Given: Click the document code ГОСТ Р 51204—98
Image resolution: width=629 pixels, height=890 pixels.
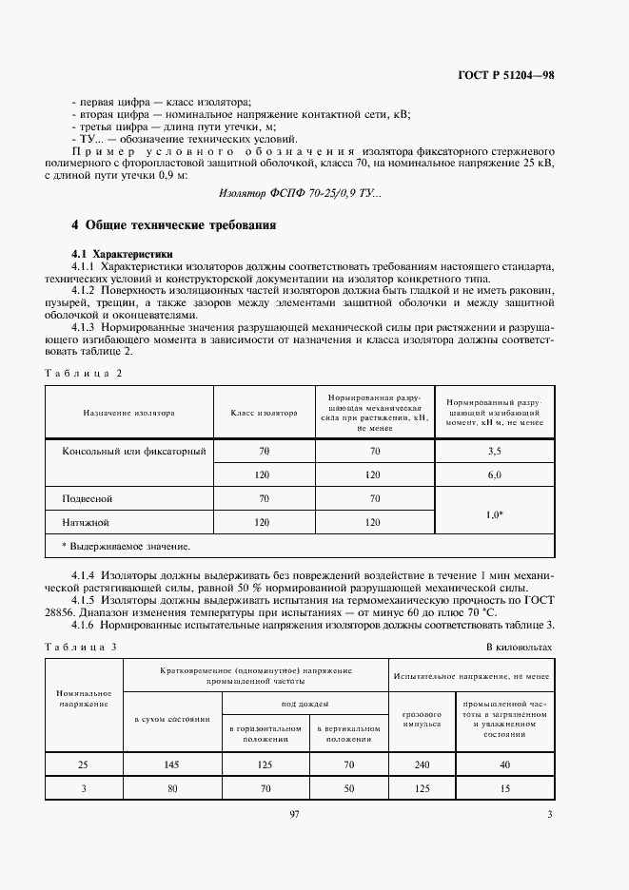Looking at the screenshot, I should click(x=501, y=74).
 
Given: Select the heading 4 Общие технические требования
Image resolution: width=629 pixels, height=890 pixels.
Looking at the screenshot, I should click(x=174, y=225).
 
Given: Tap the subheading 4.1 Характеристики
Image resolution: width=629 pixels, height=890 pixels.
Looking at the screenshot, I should click(x=123, y=254).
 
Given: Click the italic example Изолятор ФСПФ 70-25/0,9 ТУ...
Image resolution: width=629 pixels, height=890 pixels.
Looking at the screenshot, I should click(x=300, y=194).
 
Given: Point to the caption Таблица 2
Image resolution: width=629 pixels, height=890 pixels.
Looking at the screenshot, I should click(x=83, y=374).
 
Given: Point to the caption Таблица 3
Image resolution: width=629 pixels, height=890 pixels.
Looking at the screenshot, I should click(x=83, y=647).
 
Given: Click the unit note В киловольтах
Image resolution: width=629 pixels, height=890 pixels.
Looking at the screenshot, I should click(x=519, y=647).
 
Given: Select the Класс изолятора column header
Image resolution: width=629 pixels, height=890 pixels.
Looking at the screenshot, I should click(x=264, y=414).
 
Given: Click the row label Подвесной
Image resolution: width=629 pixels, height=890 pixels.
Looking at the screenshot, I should click(x=88, y=497).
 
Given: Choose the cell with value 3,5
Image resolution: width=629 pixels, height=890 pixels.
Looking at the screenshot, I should click(x=494, y=451).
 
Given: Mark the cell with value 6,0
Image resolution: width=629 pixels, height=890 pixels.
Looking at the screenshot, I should click(x=494, y=474).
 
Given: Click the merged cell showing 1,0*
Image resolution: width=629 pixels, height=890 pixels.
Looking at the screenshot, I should click(x=494, y=514).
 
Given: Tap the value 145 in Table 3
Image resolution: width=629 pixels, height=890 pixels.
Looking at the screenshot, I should click(x=172, y=763).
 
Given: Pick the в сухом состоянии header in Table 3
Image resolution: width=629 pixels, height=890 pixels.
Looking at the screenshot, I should click(x=172, y=718).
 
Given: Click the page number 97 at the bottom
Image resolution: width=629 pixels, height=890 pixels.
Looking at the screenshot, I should click(x=294, y=814).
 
